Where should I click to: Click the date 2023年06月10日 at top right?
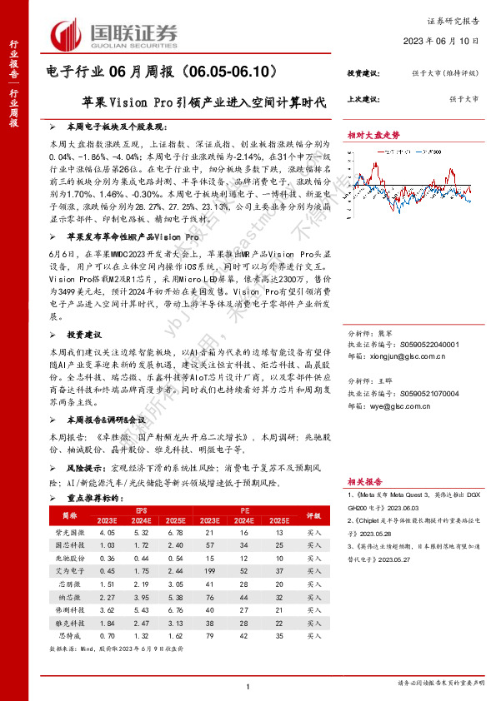446,40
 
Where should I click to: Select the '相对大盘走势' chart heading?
373,134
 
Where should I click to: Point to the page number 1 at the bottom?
248,684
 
